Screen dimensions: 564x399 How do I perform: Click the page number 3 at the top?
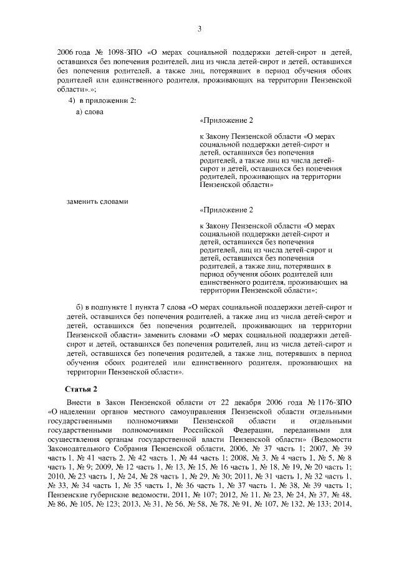(x=199, y=28)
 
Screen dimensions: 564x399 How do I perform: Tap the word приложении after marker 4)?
(x=107, y=100)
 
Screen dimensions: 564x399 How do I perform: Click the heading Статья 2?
(x=81, y=389)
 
